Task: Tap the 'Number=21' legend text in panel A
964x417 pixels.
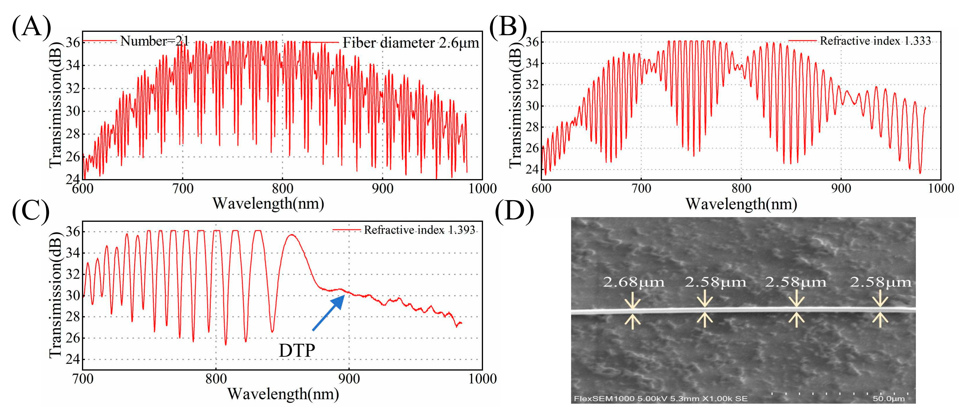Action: [154, 41]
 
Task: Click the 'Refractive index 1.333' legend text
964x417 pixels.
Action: [875, 41]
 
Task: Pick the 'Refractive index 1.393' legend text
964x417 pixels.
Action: [419, 230]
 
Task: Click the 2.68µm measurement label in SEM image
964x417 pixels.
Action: [633, 282]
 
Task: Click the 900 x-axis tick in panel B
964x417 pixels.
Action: [841, 188]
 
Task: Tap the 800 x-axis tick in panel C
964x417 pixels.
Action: [216, 379]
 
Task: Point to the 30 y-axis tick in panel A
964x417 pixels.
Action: [73, 111]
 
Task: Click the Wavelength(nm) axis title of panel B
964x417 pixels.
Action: [741, 204]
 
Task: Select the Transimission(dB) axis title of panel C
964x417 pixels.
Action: [55, 295]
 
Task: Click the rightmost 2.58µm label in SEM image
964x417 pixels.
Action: [880, 282]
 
